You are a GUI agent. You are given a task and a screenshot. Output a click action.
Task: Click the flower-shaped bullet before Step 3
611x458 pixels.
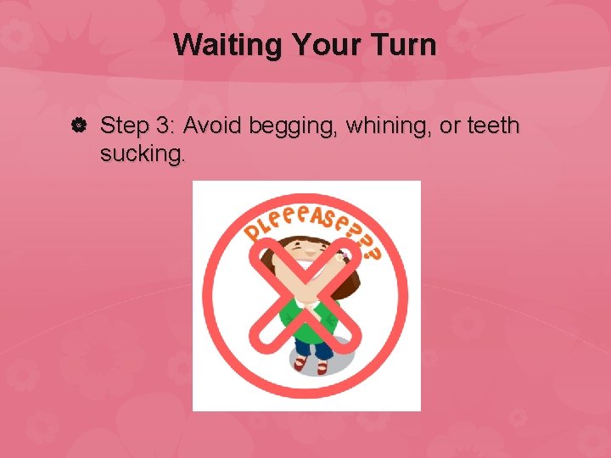(76, 126)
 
